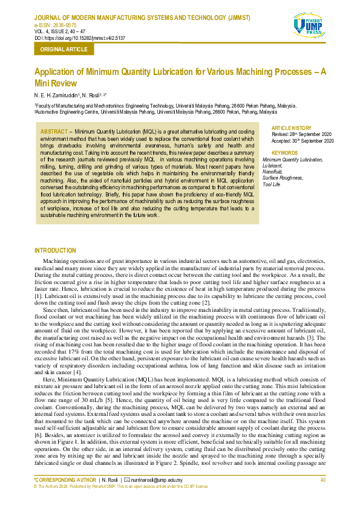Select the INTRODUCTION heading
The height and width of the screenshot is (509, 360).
(56, 250)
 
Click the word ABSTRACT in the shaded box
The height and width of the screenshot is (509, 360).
(53, 131)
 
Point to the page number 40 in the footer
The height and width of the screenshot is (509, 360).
(323, 480)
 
